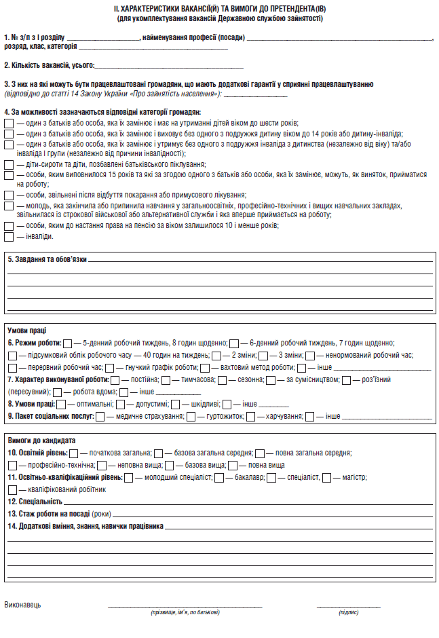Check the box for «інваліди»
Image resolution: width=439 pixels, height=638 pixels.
tap(8, 237)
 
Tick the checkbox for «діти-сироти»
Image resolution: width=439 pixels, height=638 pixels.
tap(8, 165)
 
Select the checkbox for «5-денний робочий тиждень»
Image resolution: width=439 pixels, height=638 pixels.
tap(67, 343)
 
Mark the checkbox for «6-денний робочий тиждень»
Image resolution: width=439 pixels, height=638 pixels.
tap(234, 343)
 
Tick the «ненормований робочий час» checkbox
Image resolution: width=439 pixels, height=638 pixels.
tap(310, 355)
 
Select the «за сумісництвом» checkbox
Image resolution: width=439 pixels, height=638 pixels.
tap(271, 379)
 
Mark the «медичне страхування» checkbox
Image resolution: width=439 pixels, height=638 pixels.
tap(100, 416)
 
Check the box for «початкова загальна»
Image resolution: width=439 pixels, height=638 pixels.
tap(73, 453)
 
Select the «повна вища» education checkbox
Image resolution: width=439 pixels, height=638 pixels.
tap(233, 465)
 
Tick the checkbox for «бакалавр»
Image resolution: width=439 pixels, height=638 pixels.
tap(219, 477)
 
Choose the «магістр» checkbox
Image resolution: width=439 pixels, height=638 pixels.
tap(327, 477)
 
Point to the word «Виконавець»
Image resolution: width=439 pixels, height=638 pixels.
tap(22, 604)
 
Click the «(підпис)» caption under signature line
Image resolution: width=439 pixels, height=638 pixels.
tap(348, 612)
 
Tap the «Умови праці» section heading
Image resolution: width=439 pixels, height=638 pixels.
tap(26, 331)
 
